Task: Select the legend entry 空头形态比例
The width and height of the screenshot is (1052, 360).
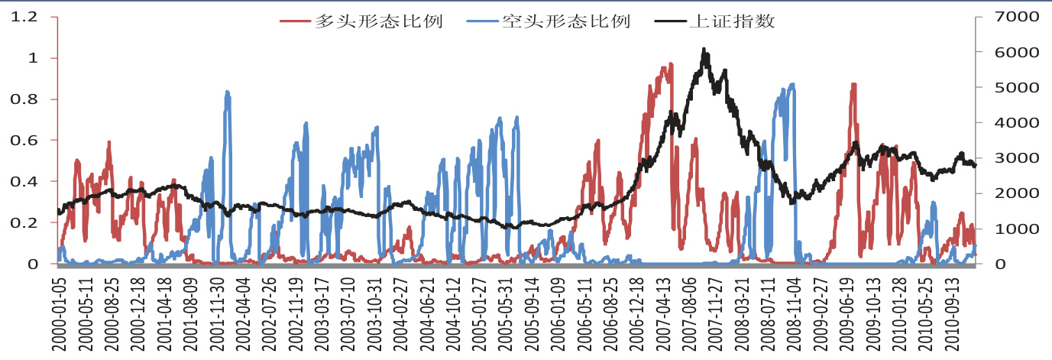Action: tap(566, 21)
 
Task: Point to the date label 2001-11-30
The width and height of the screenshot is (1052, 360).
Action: tap(216, 313)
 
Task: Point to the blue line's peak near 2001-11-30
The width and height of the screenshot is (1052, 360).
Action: tap(227, 92)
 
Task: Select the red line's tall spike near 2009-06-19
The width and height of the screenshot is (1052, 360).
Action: tap(853, 85)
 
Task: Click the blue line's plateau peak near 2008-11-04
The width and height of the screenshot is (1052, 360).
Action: tap(791, 85)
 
